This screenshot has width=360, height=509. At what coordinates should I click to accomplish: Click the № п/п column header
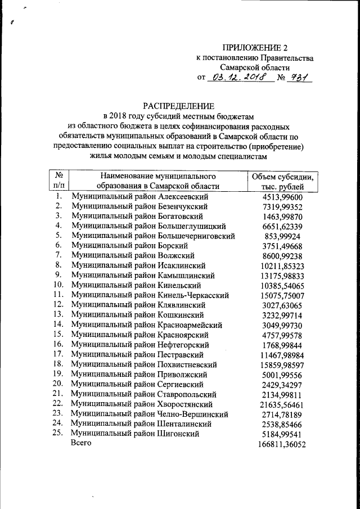tap(58, 181)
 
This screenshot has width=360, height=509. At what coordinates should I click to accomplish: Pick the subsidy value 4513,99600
tap(283, 197)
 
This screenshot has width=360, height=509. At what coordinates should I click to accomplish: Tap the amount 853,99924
tap(283, 236)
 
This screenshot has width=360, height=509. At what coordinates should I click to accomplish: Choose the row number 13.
tap(58, 314)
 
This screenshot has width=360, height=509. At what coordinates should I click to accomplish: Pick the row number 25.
tap(58, 433)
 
